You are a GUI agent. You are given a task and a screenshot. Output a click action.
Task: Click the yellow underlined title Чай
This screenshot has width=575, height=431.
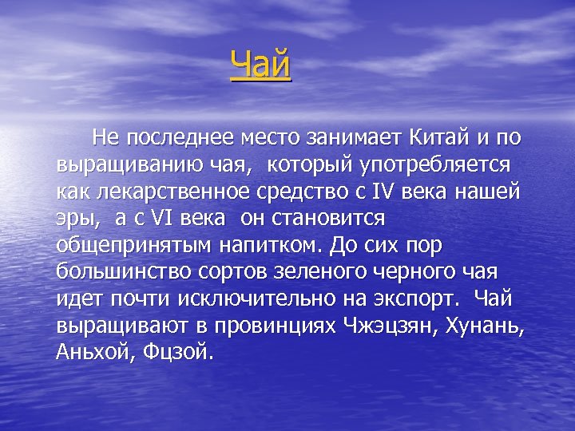tap(260, 65)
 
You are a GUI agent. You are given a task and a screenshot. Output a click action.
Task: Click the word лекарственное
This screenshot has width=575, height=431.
tap(168, 192)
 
